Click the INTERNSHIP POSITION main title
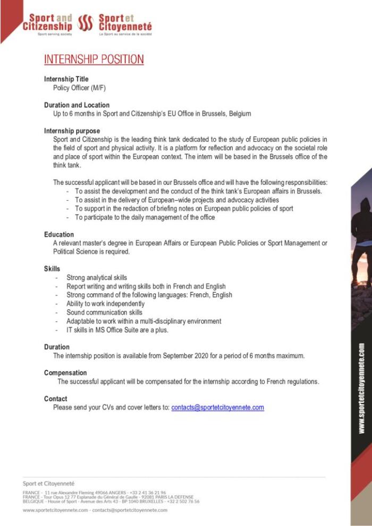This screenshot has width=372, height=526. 94,59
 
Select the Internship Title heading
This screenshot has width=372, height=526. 66,79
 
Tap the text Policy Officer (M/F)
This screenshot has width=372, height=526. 79,88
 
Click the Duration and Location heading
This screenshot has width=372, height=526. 77,105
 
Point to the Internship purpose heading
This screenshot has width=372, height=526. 72,131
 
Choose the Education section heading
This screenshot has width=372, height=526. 59,234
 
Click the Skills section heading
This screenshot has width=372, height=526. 52,269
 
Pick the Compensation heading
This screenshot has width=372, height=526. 65,373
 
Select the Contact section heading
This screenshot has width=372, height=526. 56,398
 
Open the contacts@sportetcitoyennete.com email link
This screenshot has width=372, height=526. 217,408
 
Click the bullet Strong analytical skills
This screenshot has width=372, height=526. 97,278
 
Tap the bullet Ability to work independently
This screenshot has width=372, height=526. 105,304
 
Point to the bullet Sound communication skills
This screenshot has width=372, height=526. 104,312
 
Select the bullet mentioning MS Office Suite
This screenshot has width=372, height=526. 117,330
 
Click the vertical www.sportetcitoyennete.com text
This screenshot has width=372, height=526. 361,388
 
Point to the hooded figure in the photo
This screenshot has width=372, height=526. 363,234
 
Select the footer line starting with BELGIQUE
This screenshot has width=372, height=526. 111,501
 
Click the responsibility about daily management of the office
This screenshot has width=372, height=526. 145,217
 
